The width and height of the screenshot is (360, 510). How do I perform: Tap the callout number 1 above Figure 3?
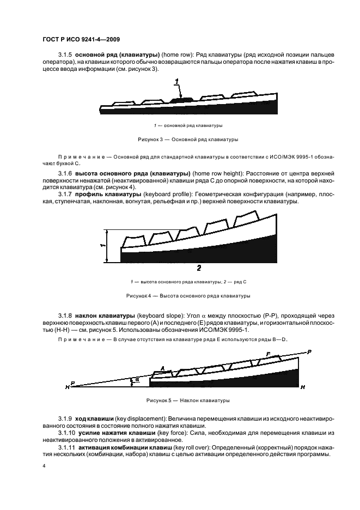[177, 82]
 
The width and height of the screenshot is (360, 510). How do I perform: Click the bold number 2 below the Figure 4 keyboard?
[199, 268]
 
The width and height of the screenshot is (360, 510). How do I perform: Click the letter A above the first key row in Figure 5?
[162, 368]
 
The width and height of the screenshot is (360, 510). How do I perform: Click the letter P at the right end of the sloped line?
[309, 353]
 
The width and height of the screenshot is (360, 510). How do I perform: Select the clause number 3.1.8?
[65, 315]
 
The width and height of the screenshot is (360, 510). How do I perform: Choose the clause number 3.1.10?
[66, 433]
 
